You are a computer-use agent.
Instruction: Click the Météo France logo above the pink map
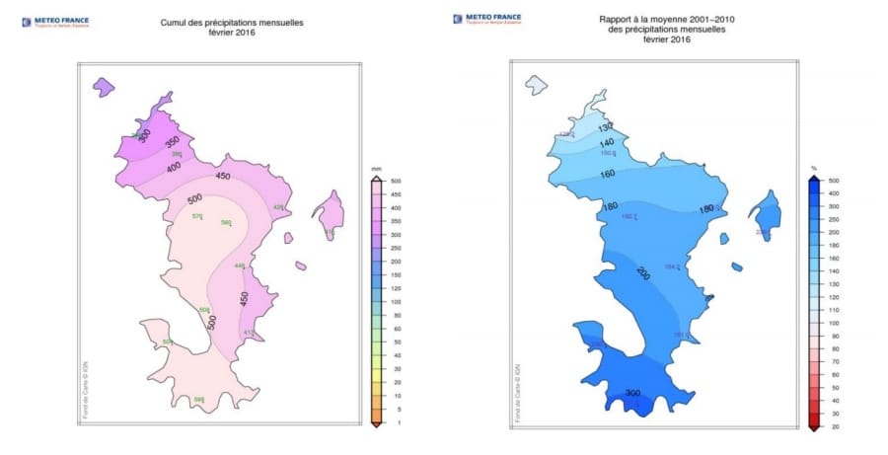coord(53,20)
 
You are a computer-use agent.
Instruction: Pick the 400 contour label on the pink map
coord(176,168)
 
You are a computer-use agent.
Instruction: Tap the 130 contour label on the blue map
coord(606,125)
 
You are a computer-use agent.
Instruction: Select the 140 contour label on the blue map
coord(605,143)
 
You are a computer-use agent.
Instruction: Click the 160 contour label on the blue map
coord(607,174)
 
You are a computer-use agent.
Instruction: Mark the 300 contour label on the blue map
coord(632,393)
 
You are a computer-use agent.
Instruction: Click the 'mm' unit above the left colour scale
coord(376,171)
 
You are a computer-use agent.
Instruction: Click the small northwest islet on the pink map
coord(103,87)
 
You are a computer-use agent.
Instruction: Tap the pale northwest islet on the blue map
coord(537,84)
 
